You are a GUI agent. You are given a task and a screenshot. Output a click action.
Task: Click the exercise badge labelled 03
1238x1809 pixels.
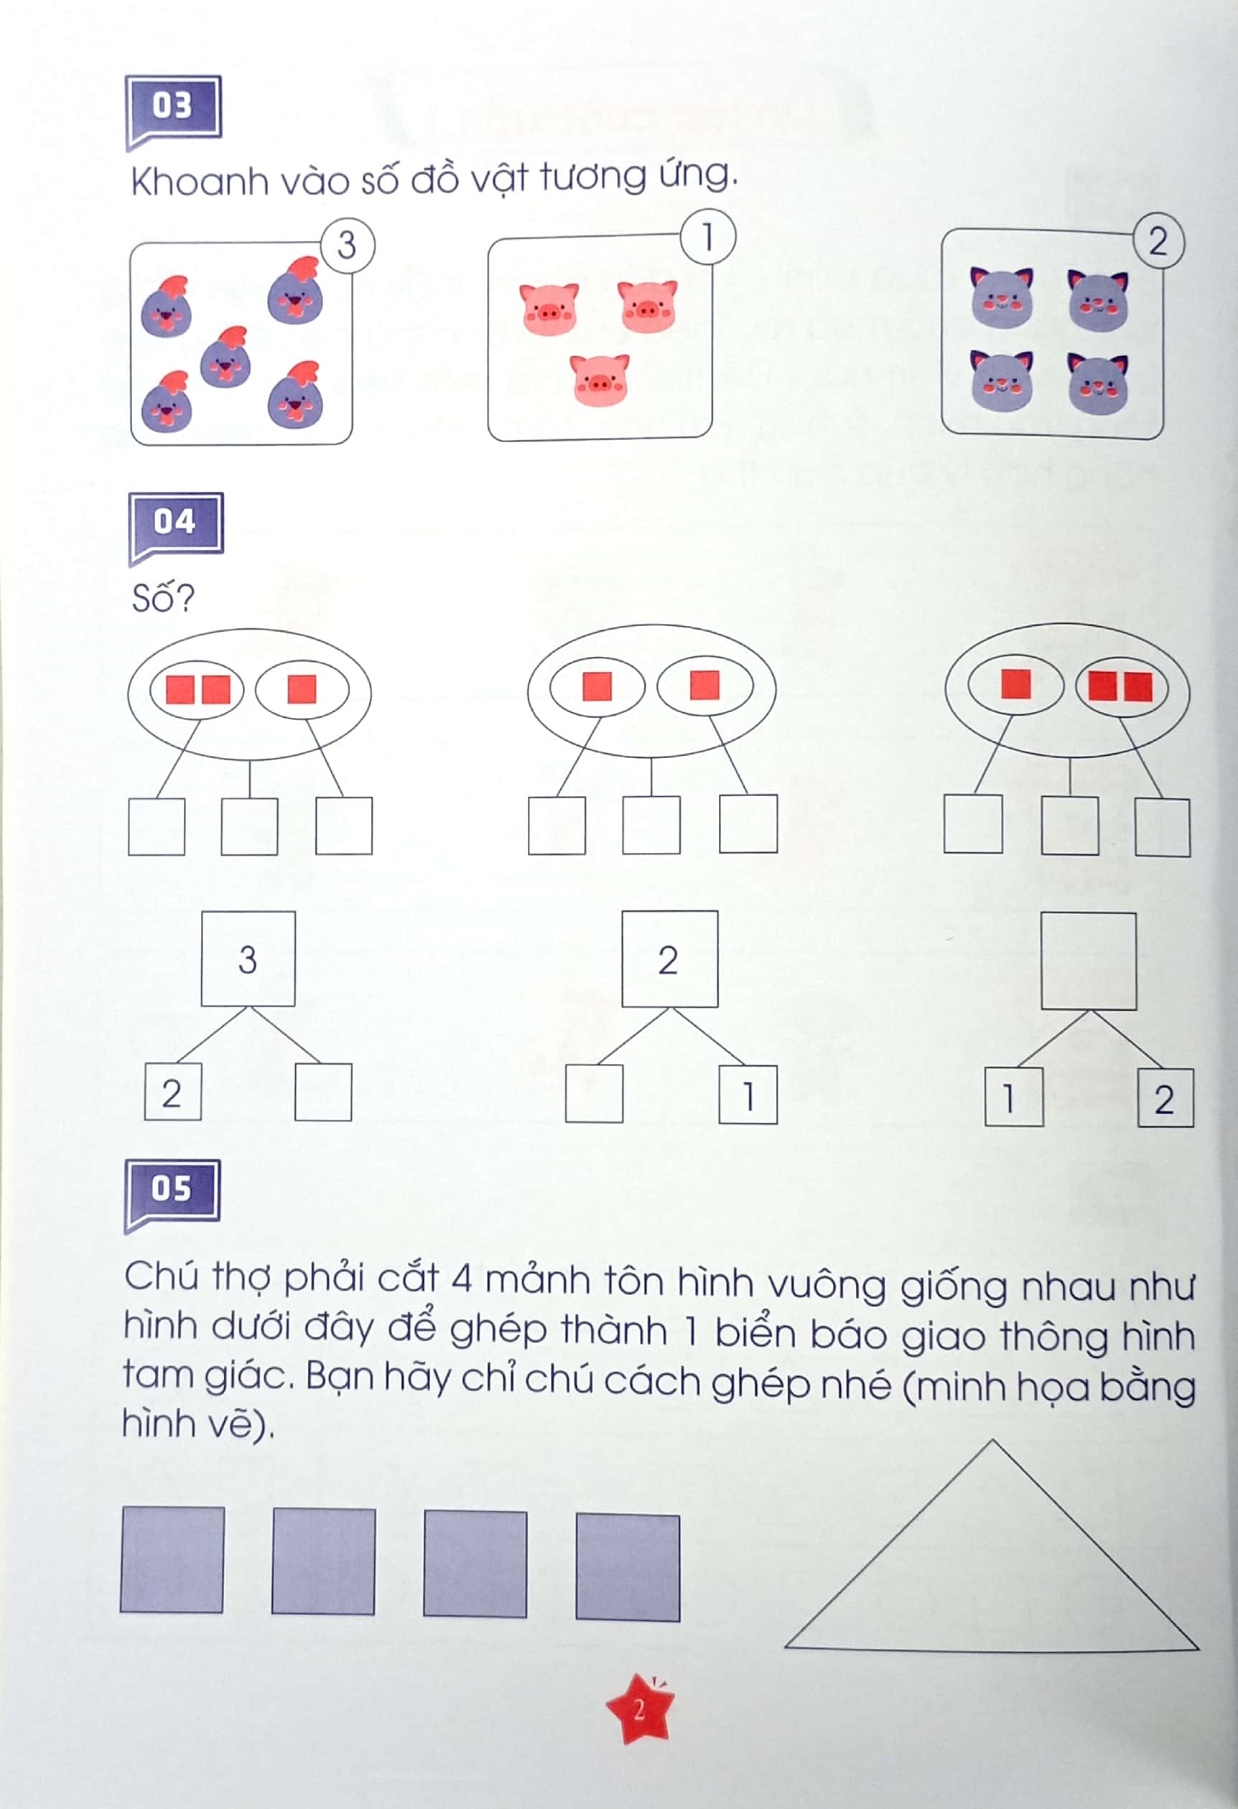pyautogui.click(x=173, y=108)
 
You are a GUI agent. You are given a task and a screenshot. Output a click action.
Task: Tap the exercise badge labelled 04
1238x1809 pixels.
pyautogui.click(x=175, y=523)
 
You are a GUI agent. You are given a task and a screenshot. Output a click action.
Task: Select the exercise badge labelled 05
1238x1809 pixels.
pyautogui.click(x=172, y=1190)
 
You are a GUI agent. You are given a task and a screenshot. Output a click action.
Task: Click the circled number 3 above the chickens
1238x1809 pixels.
pyautogui.click(x=348, y=246)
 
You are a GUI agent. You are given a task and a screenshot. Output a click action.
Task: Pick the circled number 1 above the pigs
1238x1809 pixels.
pyautogui.click(x=708, y=237)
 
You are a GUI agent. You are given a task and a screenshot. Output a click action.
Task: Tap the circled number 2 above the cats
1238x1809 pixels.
pyautogui.click(x=1158, y=241)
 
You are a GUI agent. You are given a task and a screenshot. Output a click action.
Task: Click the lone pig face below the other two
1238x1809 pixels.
pyautogui.click(x=599, y=380)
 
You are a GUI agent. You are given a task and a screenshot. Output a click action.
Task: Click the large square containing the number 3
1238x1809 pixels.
pyautogui.click(x=248, y=959)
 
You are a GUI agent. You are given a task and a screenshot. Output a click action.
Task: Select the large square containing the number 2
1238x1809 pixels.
pyautogui.click(x=669, y=959)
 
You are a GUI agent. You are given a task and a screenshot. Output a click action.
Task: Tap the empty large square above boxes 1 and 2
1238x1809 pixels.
pyautogui.click(x=1088, y=961)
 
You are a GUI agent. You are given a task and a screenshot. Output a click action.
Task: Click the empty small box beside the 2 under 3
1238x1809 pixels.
pyautogui.click(x=323, y=1092)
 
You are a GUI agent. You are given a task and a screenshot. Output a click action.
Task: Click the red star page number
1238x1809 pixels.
pyautogui.click(x=639, y=1710)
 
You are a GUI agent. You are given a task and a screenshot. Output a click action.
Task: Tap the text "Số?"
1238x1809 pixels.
pyautogui.click(x=163, y=599)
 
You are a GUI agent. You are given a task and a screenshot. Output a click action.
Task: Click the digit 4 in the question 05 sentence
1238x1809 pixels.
pyautogui.click(x=462, y=1281)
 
